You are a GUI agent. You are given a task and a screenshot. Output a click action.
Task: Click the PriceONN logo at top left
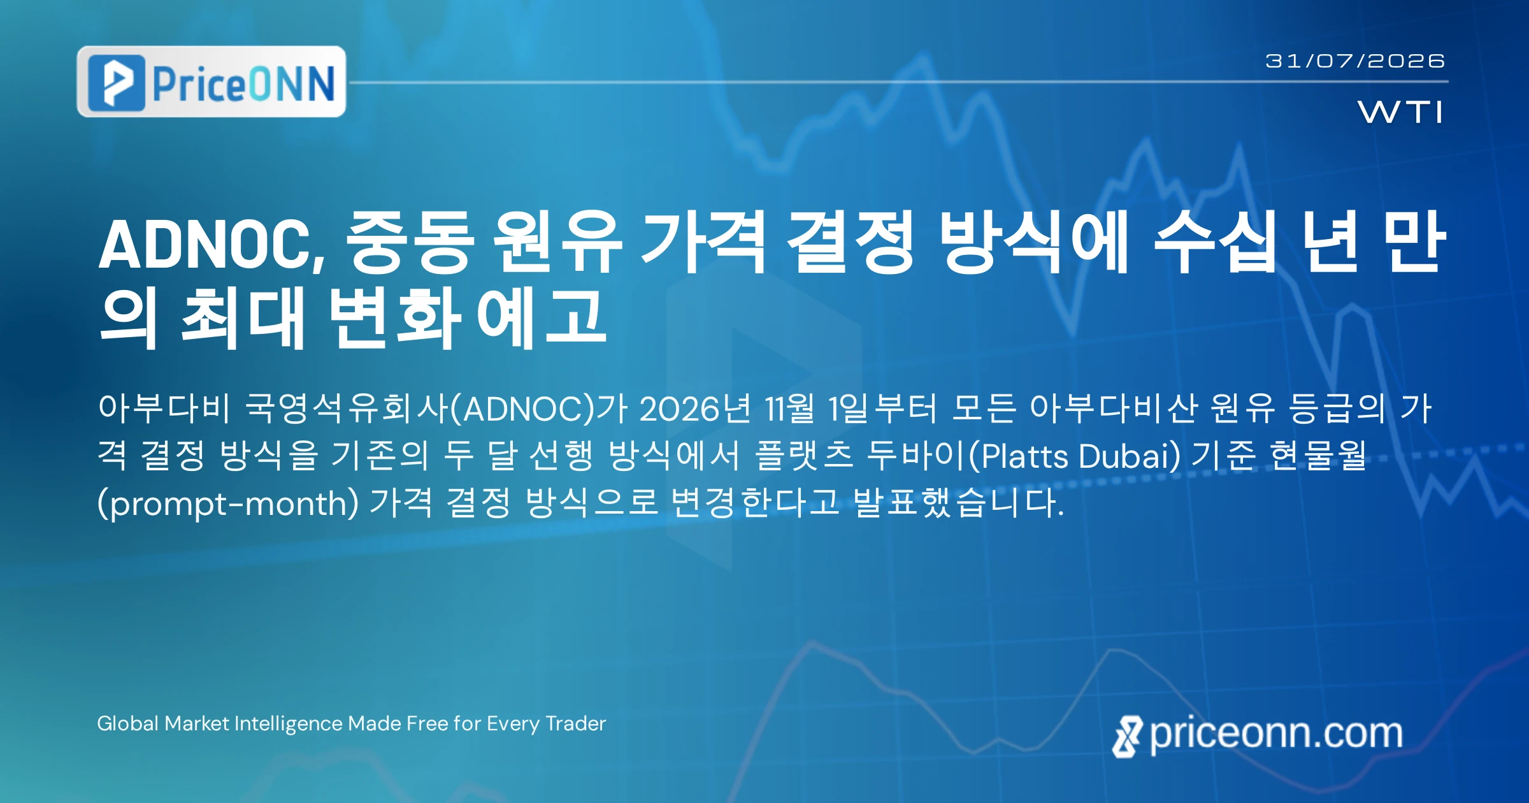tap(212, 82)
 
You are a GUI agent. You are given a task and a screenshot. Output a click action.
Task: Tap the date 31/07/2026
tap(1355, 61)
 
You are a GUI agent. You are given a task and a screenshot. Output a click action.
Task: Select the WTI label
tap(1400, 112)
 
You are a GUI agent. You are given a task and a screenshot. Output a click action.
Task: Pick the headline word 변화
tap(394, 317)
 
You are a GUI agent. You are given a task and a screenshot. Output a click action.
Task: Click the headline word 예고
tap(542, 317)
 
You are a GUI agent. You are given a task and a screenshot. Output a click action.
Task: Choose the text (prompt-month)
tap(228, 503)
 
